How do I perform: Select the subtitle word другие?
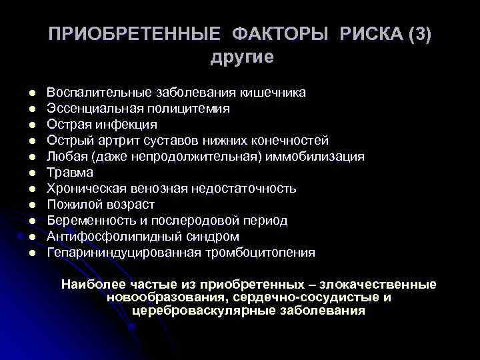[x=241, y=57]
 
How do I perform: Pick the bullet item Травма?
[x=65, y=173]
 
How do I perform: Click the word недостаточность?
[x=244, y=189]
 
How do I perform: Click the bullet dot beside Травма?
[x=31, y=173]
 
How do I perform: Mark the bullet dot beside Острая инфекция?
[x=31, y=124]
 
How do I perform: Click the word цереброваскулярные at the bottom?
[x=209, y=311]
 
